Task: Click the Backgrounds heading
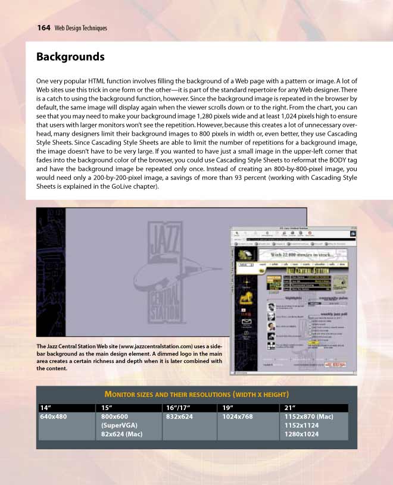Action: (70, 57)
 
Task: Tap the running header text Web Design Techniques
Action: (80, 28)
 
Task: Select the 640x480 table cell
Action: (53, 417)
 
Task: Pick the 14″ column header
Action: (44, 408)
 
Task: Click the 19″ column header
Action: (227, 408)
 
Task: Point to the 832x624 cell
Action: (179, 417)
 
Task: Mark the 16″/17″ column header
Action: (176, 408)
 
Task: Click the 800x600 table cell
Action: (115, 417)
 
